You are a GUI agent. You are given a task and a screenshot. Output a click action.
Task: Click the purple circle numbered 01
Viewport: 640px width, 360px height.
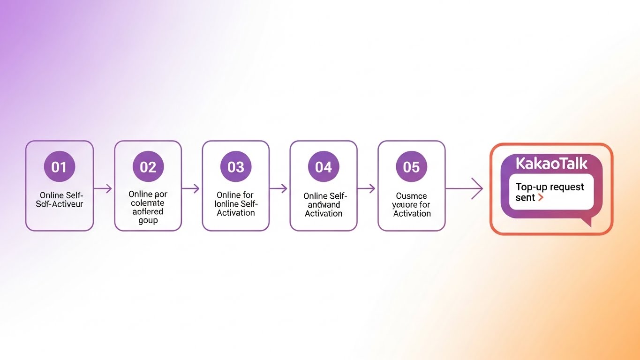point(59,167)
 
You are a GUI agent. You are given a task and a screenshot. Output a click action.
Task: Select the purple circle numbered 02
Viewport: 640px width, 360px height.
point(148,167)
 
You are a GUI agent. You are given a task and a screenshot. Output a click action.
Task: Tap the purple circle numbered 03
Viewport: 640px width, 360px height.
point(235,167)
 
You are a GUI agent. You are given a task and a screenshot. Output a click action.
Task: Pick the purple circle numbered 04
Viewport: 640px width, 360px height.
point(323,167)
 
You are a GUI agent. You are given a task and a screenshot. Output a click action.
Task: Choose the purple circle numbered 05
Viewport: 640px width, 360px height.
point(411,167)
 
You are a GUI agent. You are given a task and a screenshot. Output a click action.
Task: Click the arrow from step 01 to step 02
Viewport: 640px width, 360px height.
point(103,189)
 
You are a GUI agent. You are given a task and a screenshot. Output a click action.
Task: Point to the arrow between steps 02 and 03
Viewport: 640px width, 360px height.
point(191,189)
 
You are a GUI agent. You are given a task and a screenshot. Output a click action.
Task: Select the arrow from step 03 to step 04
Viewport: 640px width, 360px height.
point(279,189)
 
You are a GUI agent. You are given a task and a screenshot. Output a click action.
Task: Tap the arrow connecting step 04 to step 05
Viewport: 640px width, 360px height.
point(367,189)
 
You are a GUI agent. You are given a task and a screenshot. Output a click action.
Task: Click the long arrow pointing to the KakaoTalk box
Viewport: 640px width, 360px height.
point(464,189)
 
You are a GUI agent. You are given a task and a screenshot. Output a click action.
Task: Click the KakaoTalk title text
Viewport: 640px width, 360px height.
point(551,164)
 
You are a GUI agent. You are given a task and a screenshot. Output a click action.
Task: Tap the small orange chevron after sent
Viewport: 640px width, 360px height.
point(541,198)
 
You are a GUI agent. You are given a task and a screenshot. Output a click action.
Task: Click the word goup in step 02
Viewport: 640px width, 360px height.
point(148,221)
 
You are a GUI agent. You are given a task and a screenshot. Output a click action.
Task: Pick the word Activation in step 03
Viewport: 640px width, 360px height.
point(235,213)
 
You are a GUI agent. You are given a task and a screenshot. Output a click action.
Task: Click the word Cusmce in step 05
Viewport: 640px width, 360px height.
point(411,196)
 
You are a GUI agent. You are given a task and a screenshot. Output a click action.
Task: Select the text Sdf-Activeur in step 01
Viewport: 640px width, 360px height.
point(59,204)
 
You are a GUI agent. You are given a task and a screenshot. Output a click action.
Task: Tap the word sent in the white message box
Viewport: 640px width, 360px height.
point(525,198)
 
